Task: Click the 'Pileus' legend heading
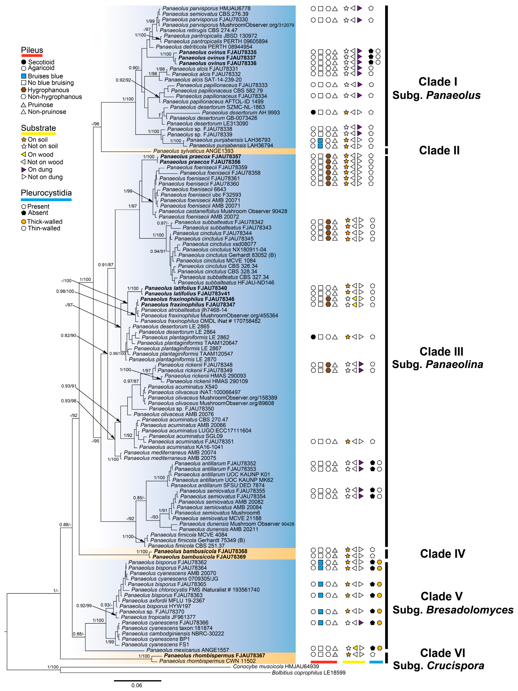tap(32, 50)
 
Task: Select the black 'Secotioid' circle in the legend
tap(23, 62)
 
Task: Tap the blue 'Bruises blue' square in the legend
tap(23, 76)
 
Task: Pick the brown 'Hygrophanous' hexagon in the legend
tap(23, 90)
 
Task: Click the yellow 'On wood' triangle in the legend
tap(23, 154)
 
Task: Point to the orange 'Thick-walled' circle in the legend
tap(23, 222)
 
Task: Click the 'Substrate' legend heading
tap(38, 128)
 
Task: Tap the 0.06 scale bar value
tap(137, 685)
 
